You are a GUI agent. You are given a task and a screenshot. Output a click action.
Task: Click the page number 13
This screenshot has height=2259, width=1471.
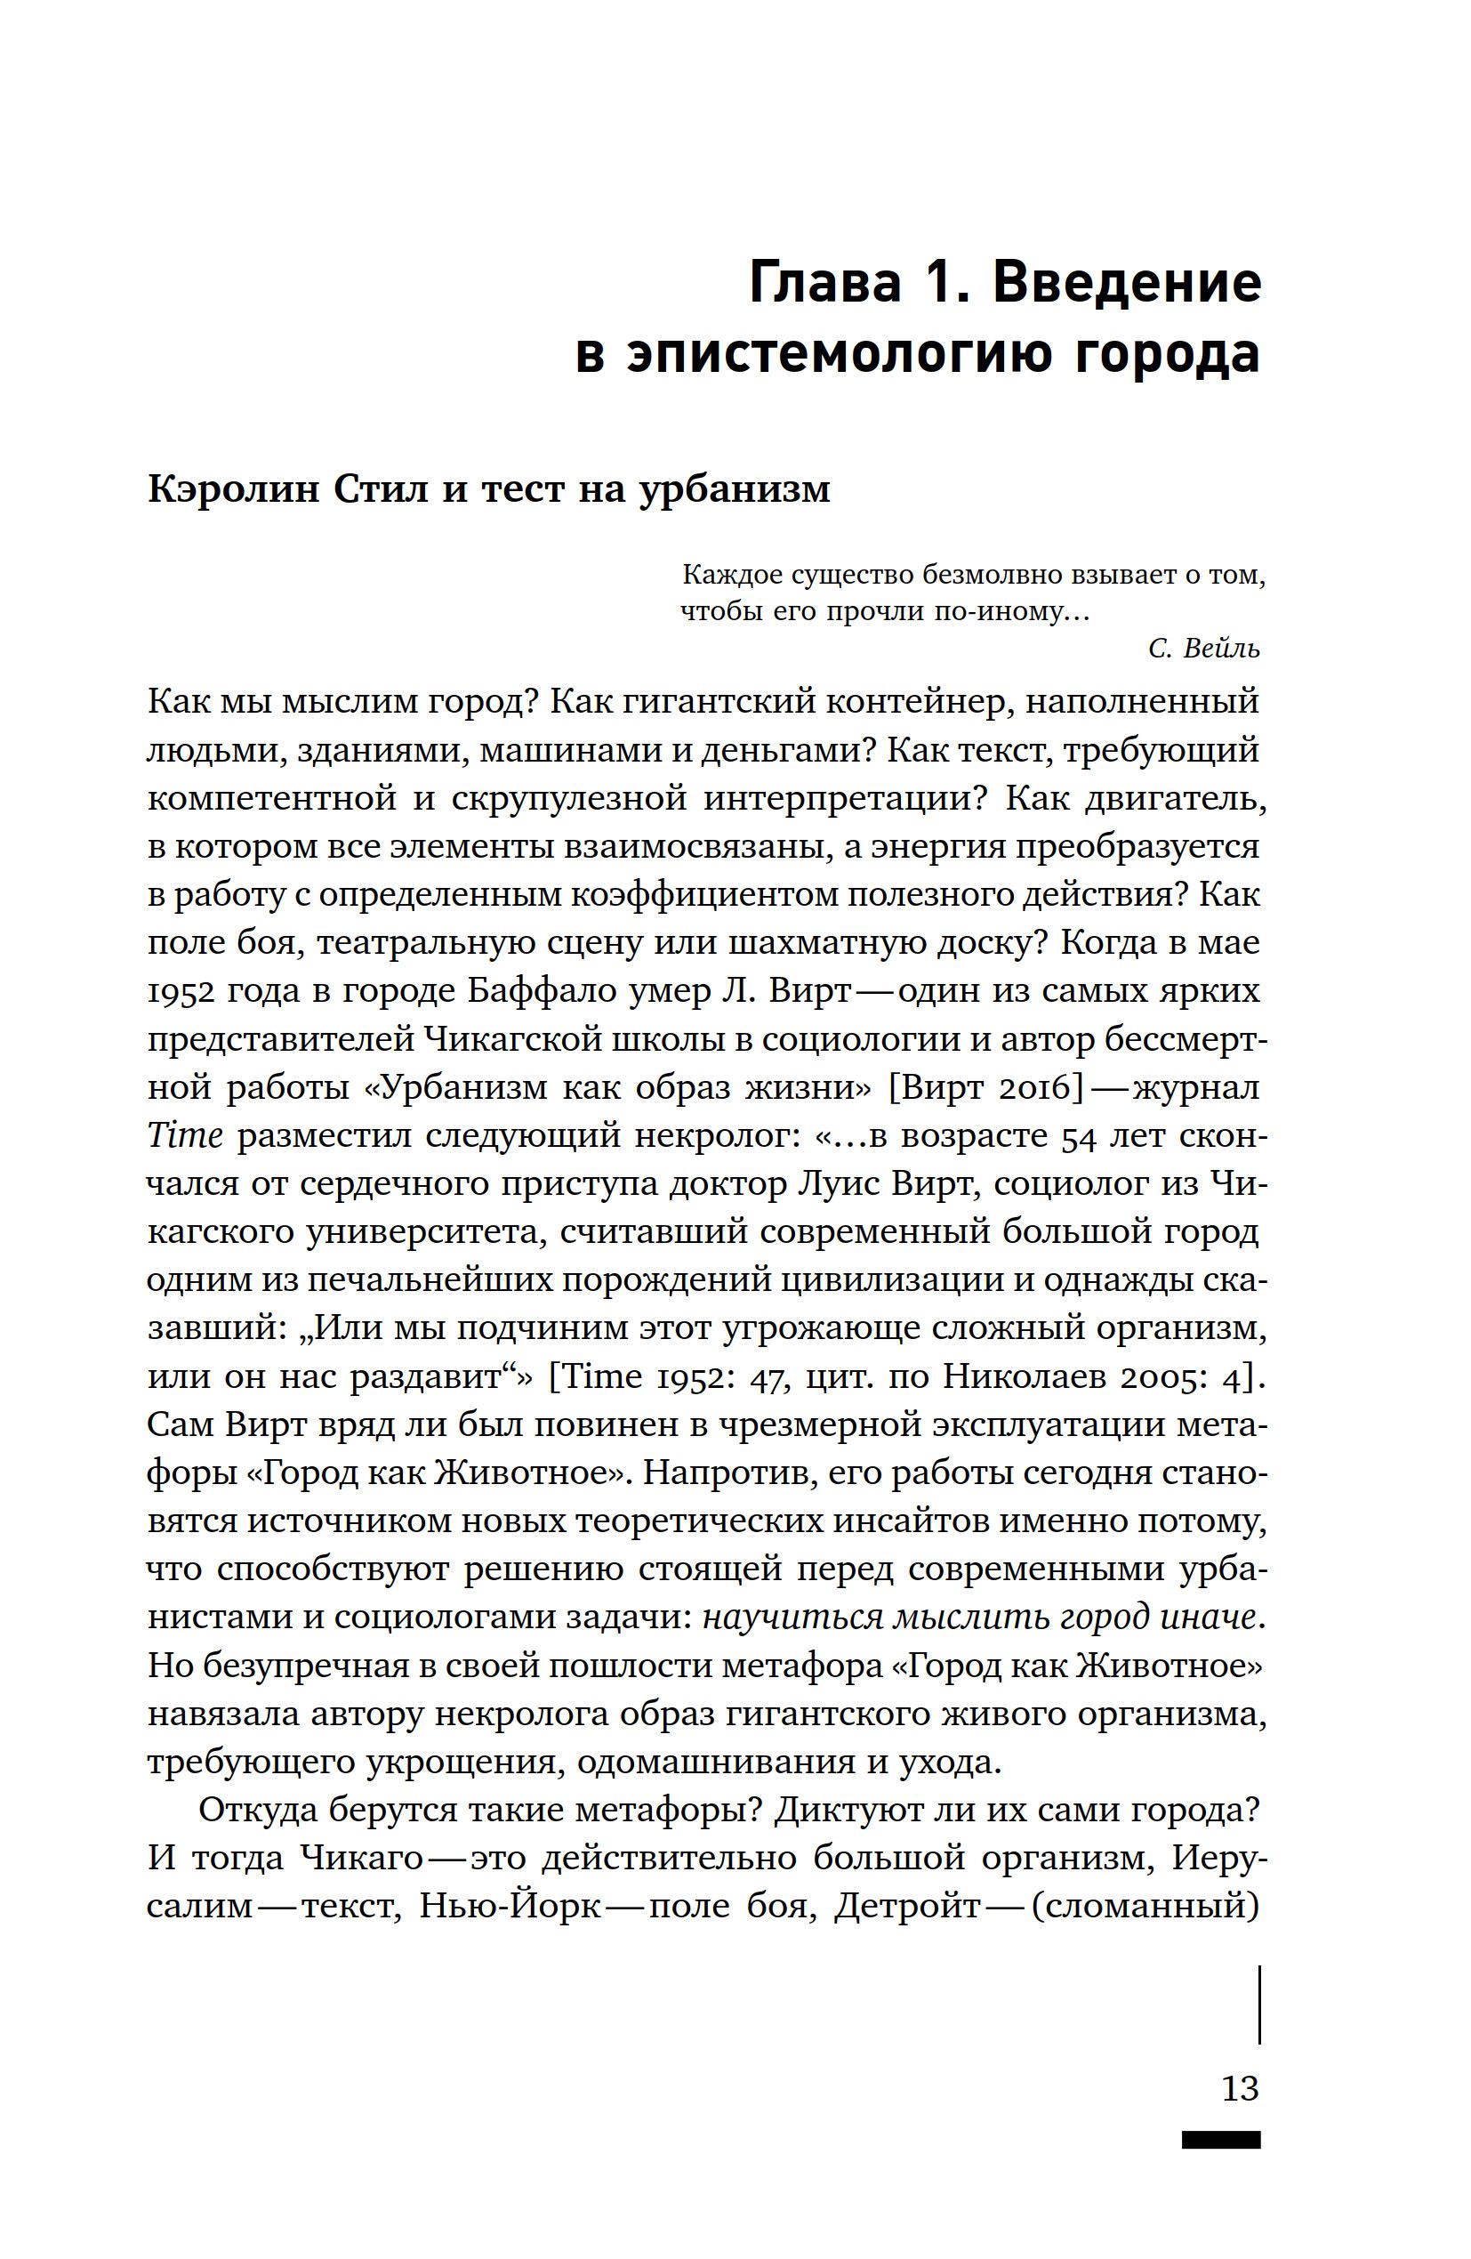(x=1240, y=2087)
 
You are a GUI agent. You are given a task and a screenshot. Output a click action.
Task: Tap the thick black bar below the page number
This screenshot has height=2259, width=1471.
(x=1220, y=2140)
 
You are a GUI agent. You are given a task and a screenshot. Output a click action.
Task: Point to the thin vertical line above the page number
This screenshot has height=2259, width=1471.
(x=1259, y=2004)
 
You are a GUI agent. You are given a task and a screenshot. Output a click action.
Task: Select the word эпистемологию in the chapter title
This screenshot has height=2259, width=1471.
(x=839, y=354)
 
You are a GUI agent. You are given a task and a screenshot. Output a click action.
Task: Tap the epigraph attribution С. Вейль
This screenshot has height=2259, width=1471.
(x=1203, y=649)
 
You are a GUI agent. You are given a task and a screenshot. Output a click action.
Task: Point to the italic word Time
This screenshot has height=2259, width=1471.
(x=185, y=1136)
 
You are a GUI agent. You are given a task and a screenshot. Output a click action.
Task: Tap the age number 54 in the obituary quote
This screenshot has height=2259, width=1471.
(x=1078, y=1136)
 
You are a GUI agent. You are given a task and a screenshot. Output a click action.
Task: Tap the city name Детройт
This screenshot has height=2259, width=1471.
(x=907, y=1907)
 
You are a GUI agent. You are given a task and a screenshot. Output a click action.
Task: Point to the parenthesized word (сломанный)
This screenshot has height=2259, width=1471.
(x=1145, y=1907)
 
